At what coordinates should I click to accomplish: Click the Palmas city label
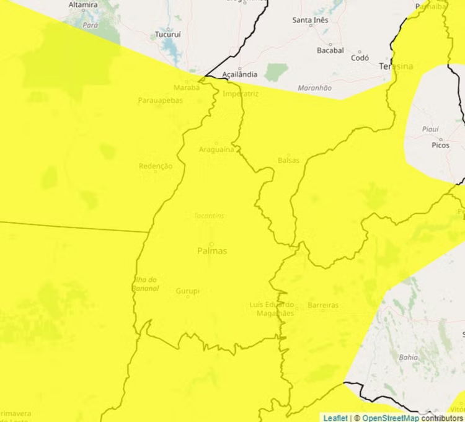(211, 251)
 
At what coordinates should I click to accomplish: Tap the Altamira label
(83, 5)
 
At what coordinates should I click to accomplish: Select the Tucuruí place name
(167, 35)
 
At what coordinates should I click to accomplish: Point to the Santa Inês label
(311, 20)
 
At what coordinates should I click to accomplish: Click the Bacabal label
(330, 50)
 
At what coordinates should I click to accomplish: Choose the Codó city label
(360, 58)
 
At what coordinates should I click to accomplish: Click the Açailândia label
(239, 74)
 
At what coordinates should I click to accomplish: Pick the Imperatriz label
(241, 94)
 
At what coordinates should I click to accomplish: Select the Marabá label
(187, 87)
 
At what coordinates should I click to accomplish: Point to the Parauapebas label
(161, 100)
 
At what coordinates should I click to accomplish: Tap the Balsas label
(288, 160)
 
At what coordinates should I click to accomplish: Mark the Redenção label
(156, 166)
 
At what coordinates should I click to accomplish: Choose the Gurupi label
(188, 291)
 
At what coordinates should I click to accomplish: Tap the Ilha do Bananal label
(146, 284)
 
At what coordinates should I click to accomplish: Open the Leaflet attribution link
(335, 418)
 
